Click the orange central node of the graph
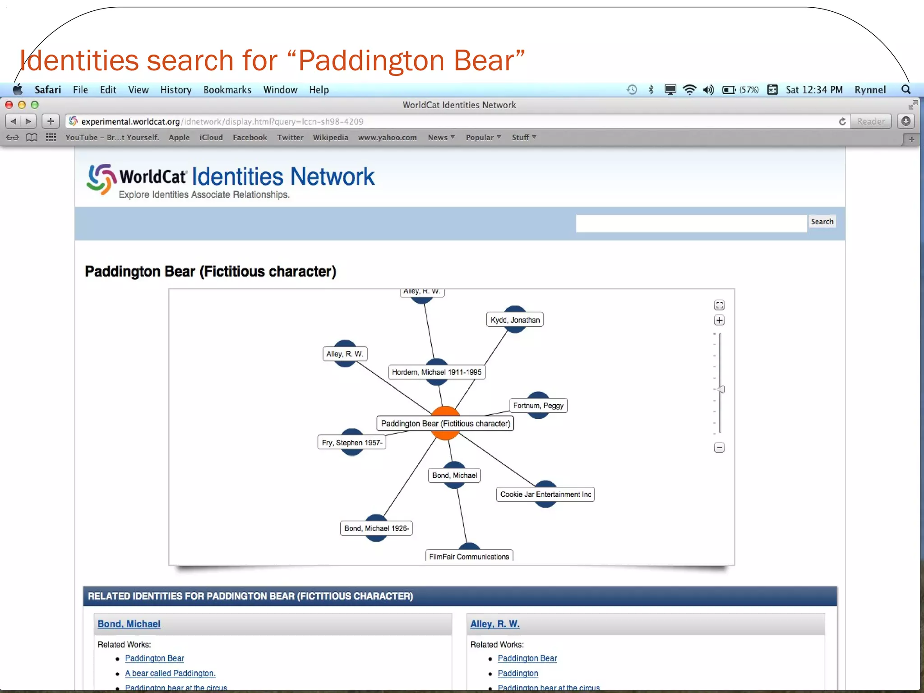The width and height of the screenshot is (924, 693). click(x=445, y=433)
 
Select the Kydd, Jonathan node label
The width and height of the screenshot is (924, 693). click(x=515, y=320)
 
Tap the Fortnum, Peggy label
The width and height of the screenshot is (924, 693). click(x=538, y=406)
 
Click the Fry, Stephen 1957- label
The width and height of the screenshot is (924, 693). click(x=352, y=443)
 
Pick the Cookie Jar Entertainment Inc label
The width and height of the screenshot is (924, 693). click(x=545, y=494)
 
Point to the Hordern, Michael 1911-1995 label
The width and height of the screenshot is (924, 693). click(x=436, y=372)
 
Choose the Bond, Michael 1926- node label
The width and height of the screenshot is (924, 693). click(x=376, y=528)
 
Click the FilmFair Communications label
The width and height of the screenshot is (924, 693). click(x=469, y=556)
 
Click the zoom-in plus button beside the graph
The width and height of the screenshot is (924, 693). click(x=719, y=320)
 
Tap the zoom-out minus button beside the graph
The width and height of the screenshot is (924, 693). click(x=719, y=448)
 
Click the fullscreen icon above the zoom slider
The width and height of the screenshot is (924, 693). click(x=719, y=305)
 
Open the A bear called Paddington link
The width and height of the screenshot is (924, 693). click(x=170, y=673)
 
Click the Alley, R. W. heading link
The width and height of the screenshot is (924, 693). click(x=494, y=624)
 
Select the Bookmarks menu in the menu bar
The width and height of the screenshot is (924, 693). click(x=227, y=90)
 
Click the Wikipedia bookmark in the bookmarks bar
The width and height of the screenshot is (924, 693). click(x=330, y=138)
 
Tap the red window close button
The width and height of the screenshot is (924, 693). click(x=9, y=105)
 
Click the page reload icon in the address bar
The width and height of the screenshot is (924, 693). click(x=842, y=121)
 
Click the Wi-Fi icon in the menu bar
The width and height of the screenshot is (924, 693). click(x=689, y=90)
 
